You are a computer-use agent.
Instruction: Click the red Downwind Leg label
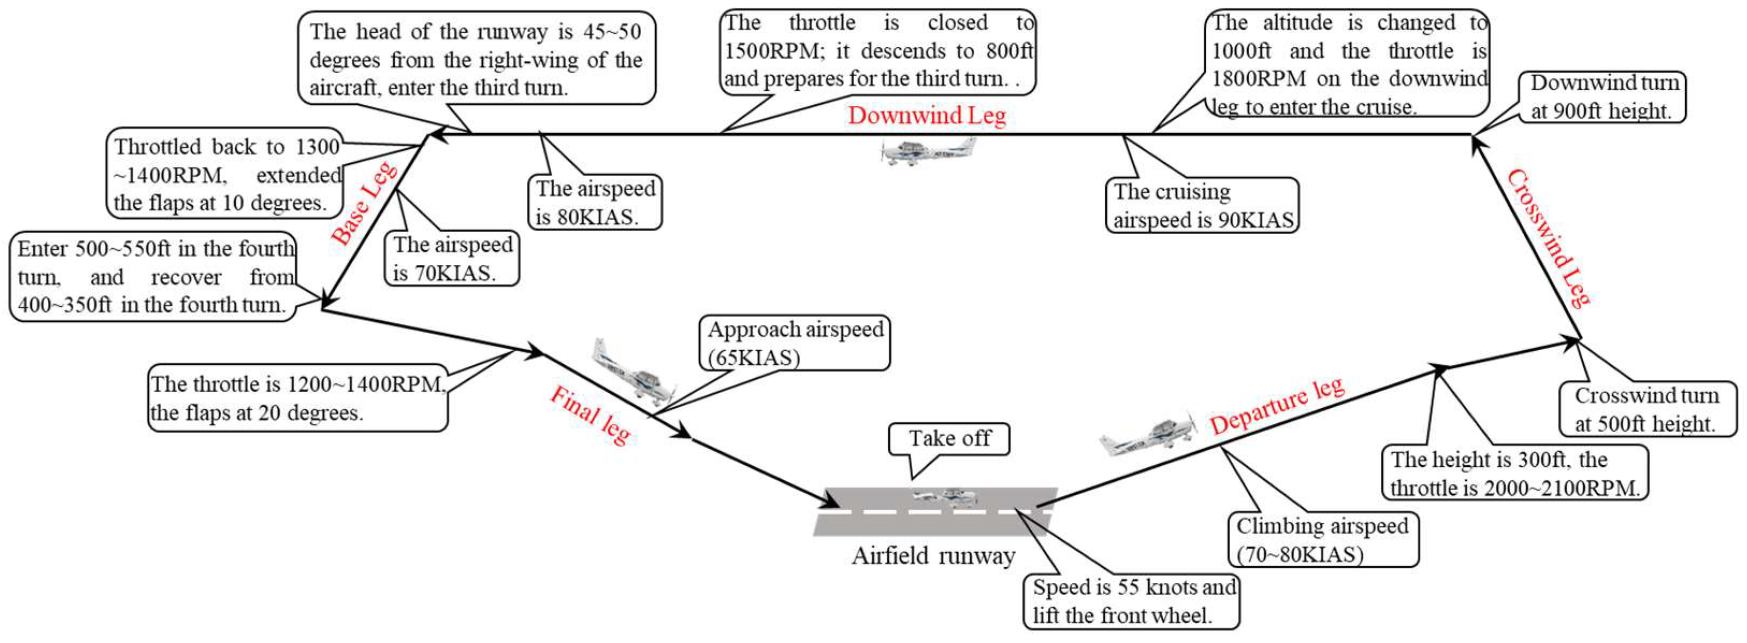926,115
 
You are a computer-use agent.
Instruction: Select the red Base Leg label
364,203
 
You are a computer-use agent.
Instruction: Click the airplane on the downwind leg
929,150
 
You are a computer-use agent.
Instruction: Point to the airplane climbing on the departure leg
1148,435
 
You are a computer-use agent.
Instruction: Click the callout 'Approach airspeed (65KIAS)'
794,343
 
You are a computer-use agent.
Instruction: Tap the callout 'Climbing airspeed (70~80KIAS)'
1322,539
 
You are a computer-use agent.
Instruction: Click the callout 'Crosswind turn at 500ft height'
1646,409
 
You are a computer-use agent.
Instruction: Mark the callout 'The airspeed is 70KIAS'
452,258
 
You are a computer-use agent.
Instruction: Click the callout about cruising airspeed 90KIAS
1202,206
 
